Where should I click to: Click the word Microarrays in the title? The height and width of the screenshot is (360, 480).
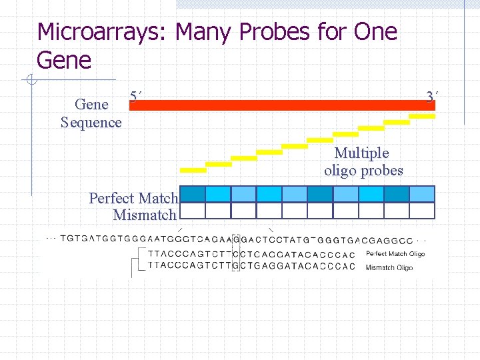(x=99, y=32)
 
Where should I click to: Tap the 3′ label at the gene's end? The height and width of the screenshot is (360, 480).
(x=431, y=97)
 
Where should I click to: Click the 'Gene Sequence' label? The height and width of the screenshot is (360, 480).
(x=91, y=113)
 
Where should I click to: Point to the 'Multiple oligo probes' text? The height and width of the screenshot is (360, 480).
(x=363, y=162)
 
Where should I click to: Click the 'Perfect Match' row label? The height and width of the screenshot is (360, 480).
(x=133, y=198)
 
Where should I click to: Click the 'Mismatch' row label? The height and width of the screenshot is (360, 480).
(x=145, y=215)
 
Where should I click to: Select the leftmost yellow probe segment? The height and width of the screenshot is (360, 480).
(x=193, y=169)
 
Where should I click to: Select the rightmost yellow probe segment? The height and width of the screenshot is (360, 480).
(x=421, y=115)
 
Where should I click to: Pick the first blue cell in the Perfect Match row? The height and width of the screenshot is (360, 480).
(x=193, y=194)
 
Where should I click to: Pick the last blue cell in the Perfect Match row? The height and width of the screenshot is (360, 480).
(x=422, y=194)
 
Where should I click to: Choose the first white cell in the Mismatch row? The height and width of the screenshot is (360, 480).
(x=193, y=211)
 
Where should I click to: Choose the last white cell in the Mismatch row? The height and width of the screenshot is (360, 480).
(x=422, y=211)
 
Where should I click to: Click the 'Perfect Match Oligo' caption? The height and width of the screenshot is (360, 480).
(x=395, y=254)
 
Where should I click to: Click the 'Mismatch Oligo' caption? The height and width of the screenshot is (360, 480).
(x=389, y=267)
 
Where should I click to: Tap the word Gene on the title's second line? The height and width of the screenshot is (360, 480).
(x=64, y=61)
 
